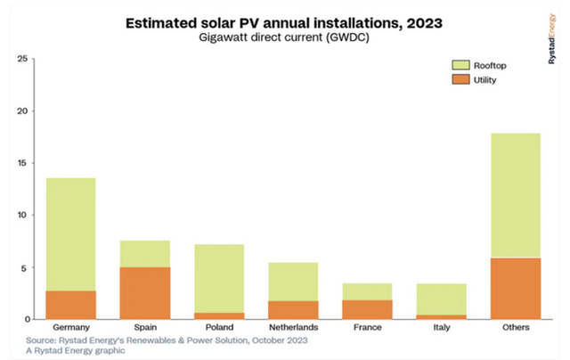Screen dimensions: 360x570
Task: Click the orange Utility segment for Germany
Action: click(x=70, y=305)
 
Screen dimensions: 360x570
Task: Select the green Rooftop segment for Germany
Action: click(x=70, y=234)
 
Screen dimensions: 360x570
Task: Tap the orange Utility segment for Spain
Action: click(x=145, y=293)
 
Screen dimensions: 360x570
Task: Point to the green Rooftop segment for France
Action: click(x=367, y=291)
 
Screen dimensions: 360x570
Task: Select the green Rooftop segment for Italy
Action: click(x=441, y=299)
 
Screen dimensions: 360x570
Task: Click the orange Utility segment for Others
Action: click(x=516, y=289)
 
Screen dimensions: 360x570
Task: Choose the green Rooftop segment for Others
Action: click(x=516, y=195)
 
